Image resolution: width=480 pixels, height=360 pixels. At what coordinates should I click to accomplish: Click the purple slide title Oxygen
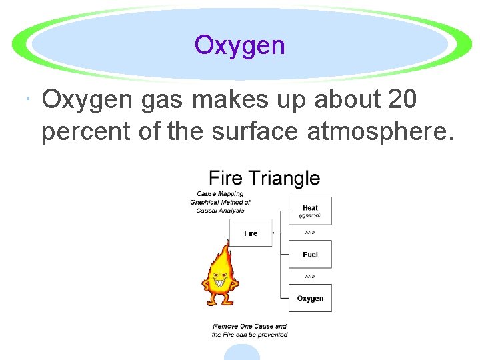[239, 45]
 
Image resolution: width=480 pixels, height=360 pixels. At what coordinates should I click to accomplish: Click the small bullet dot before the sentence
[26, 101]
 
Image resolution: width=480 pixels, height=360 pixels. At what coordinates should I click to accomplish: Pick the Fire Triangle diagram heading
[264, 178]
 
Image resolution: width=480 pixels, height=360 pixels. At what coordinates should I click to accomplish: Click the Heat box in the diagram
[310, 210]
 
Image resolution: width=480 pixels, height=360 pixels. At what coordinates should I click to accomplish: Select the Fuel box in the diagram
[310, 255]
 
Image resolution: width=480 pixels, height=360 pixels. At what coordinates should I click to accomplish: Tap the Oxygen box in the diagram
[310, 299]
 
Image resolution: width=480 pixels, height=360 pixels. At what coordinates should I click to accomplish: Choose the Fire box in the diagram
[251, 233]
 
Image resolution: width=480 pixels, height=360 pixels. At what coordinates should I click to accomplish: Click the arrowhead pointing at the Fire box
[276, 233]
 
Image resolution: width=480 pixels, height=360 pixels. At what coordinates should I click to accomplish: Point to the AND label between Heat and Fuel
[310, 233]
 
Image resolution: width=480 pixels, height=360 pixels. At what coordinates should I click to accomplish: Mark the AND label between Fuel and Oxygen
[310, 276]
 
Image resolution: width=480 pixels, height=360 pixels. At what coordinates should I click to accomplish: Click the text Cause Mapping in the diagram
[220, 194]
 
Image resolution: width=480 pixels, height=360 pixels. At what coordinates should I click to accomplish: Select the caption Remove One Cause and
[249, 327]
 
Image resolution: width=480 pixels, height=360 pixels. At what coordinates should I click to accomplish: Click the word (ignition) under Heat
[310, 216]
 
